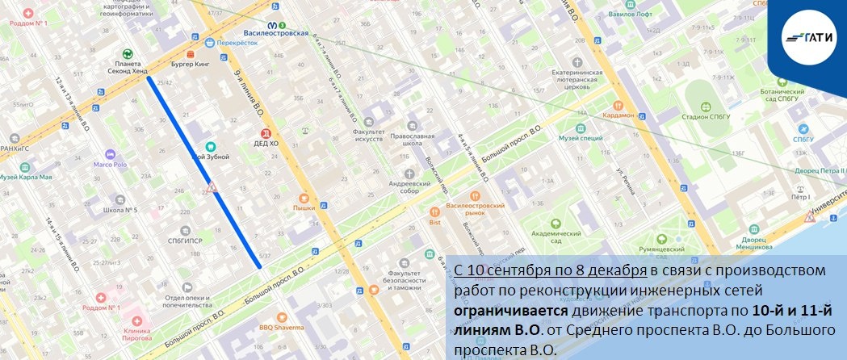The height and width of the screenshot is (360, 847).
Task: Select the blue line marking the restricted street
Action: click(x=204, y=172)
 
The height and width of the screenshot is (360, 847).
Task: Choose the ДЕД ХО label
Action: click(x=267, y=143)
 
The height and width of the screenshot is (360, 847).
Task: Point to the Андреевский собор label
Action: click(x=408, y=183)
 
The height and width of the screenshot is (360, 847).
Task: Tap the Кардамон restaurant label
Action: click(x=618, y=115)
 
